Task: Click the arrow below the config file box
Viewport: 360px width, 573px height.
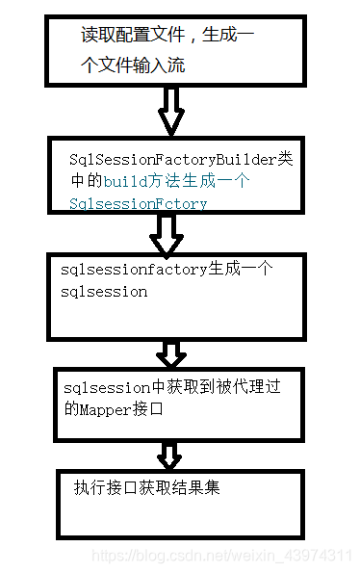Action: (171, 112)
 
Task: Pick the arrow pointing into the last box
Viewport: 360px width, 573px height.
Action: (170, 453)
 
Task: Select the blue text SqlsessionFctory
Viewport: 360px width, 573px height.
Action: (138, 203)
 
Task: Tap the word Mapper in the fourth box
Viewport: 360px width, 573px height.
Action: (112, 408)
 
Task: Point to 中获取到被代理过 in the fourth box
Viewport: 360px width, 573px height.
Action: (210, 387)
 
